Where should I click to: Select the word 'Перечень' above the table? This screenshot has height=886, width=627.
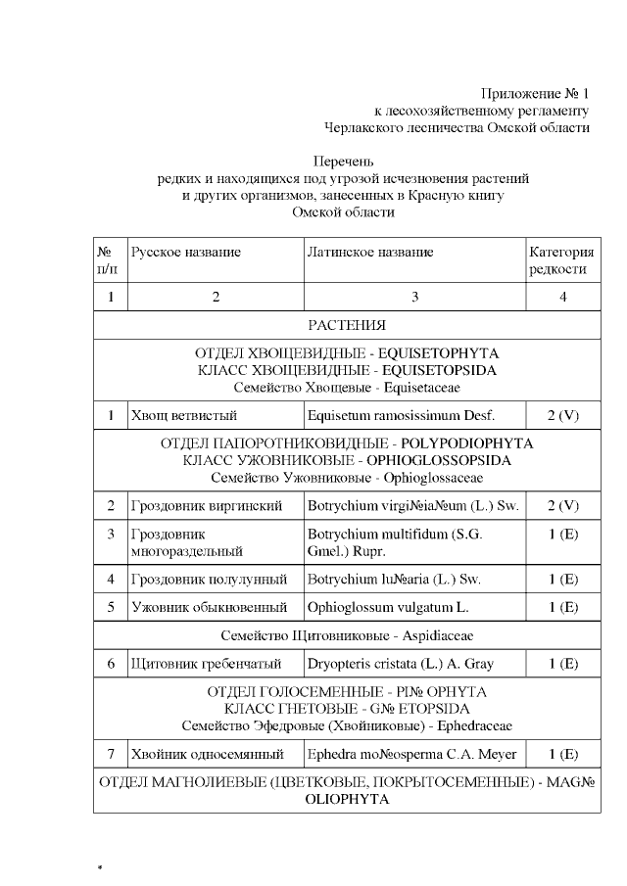tap(343, 162)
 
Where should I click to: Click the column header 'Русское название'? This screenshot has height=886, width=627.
tap(186, 252)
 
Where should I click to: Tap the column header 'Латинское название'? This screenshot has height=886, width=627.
tap(370, 252)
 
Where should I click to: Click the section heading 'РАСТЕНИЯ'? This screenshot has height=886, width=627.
tap(347, 325)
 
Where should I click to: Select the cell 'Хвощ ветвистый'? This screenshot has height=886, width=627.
tap(184, 416)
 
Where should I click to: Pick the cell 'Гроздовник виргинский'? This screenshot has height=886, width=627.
tap(207, 506)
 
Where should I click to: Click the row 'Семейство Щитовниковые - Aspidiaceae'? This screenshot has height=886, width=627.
tap(347, 635)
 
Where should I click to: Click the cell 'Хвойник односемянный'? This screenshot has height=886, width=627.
tap(207, 754)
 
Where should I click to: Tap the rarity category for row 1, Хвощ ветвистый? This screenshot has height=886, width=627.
tap(562, 416)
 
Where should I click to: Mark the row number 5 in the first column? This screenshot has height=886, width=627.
tap(111, 607)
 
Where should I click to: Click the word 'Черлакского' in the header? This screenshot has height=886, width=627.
tap(362, 127)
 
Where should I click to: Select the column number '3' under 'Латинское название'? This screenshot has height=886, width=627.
tap(414, 297)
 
